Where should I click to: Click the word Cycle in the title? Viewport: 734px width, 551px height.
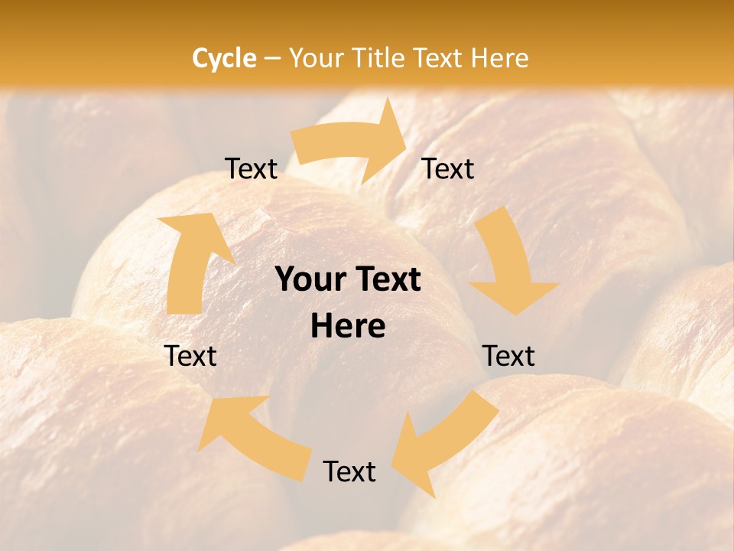coord(224,58)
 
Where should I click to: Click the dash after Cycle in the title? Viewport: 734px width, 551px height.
coord(272,58)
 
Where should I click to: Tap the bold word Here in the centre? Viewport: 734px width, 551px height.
coord(348,327)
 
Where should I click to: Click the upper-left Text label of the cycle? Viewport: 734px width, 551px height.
coord(251,169)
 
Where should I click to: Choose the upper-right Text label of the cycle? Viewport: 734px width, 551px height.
coord(448,169)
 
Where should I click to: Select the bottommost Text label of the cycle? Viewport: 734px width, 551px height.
coord(349,472)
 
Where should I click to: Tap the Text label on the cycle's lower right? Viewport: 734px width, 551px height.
coord(508,356)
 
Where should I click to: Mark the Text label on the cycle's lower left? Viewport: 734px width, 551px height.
coord(190,356)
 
